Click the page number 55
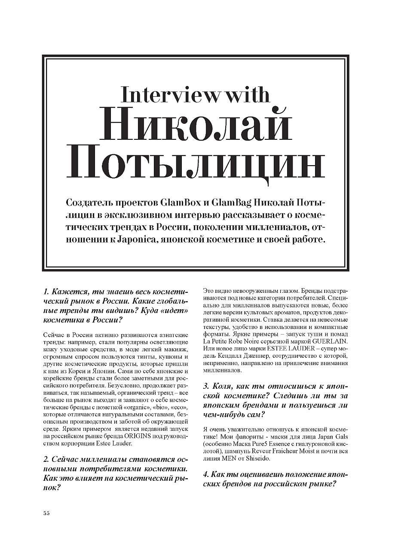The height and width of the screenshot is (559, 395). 47,513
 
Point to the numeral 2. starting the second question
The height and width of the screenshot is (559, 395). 47,459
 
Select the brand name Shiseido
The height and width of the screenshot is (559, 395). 257,458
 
